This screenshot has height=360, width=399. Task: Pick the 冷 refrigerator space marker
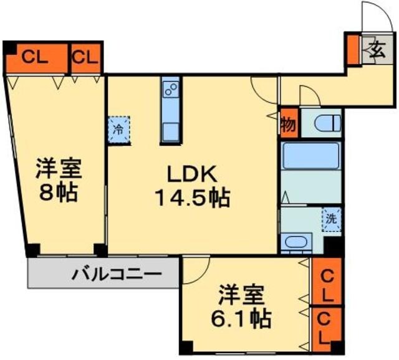click(x=118, y=130)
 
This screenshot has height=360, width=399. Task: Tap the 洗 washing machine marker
click(x=332, y=219)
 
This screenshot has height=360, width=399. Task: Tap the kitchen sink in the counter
click(x=170, y=132)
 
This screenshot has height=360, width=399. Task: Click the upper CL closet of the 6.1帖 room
click(x=327, y=282)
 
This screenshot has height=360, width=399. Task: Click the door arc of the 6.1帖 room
click(x=195, y=269)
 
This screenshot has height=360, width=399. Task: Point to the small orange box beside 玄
click(x=353, y=49)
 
